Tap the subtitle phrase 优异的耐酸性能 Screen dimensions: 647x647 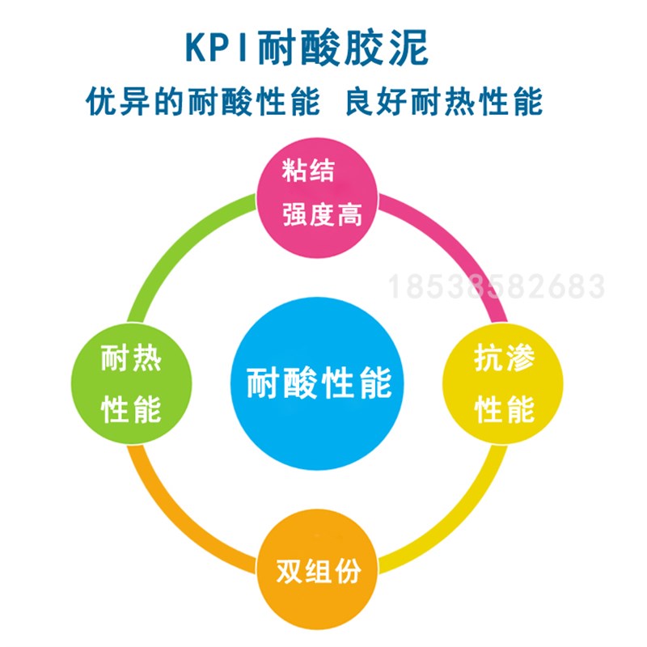point(203,103)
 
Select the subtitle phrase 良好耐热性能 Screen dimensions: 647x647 point(443,103)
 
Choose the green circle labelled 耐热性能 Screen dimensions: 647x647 point(132,384)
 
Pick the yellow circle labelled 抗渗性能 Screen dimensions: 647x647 point(503,384)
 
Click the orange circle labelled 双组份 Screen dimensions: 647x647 point(318,571)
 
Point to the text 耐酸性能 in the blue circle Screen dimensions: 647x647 point(319,381)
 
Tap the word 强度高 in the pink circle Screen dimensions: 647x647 point(320,214)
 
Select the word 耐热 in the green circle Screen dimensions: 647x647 point(132,359)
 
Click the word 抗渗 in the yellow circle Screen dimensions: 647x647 point(504,359)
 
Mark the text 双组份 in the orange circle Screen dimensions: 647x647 point(318,572)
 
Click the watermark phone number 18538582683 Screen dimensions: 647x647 point(497,287)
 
